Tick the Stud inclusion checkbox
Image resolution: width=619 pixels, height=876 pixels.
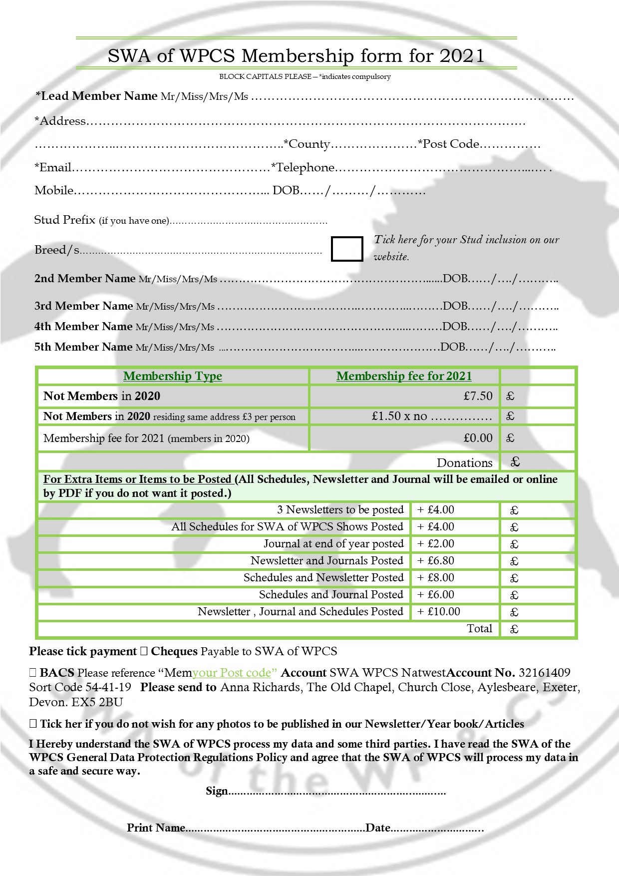tap(347, 249)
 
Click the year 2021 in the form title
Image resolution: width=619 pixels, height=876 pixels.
tap(462, 55)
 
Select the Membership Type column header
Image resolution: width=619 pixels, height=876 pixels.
tap(173, 376)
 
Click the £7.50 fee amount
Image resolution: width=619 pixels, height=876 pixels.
tap(478, 396)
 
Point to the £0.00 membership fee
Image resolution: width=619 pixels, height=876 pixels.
tap(478, 438)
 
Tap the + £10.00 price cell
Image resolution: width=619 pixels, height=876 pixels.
tap(439, 611)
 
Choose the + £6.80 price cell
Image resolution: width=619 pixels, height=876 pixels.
tap(436, 560)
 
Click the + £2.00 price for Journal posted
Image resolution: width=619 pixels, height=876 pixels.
tap(436, 543)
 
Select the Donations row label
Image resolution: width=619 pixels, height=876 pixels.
tap(464, 462)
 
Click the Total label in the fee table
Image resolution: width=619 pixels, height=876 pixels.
tap(479, 628)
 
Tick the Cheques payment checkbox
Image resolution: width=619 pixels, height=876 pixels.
tap(144, 651)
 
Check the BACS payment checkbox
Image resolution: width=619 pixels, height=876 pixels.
tap(33, 673)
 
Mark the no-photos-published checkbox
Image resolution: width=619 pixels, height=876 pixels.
tap(33, 724)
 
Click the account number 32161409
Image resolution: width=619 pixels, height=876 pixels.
tap(544, 673)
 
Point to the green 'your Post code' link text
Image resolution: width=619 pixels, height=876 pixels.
tap(235, 673)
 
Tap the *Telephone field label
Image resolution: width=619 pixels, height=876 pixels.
tap(303, 167)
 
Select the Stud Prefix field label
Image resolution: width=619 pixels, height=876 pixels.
tap(64, 220)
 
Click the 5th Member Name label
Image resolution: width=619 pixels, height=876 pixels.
tap(83, 347)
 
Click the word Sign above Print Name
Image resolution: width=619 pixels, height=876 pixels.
tap(217, 791)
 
